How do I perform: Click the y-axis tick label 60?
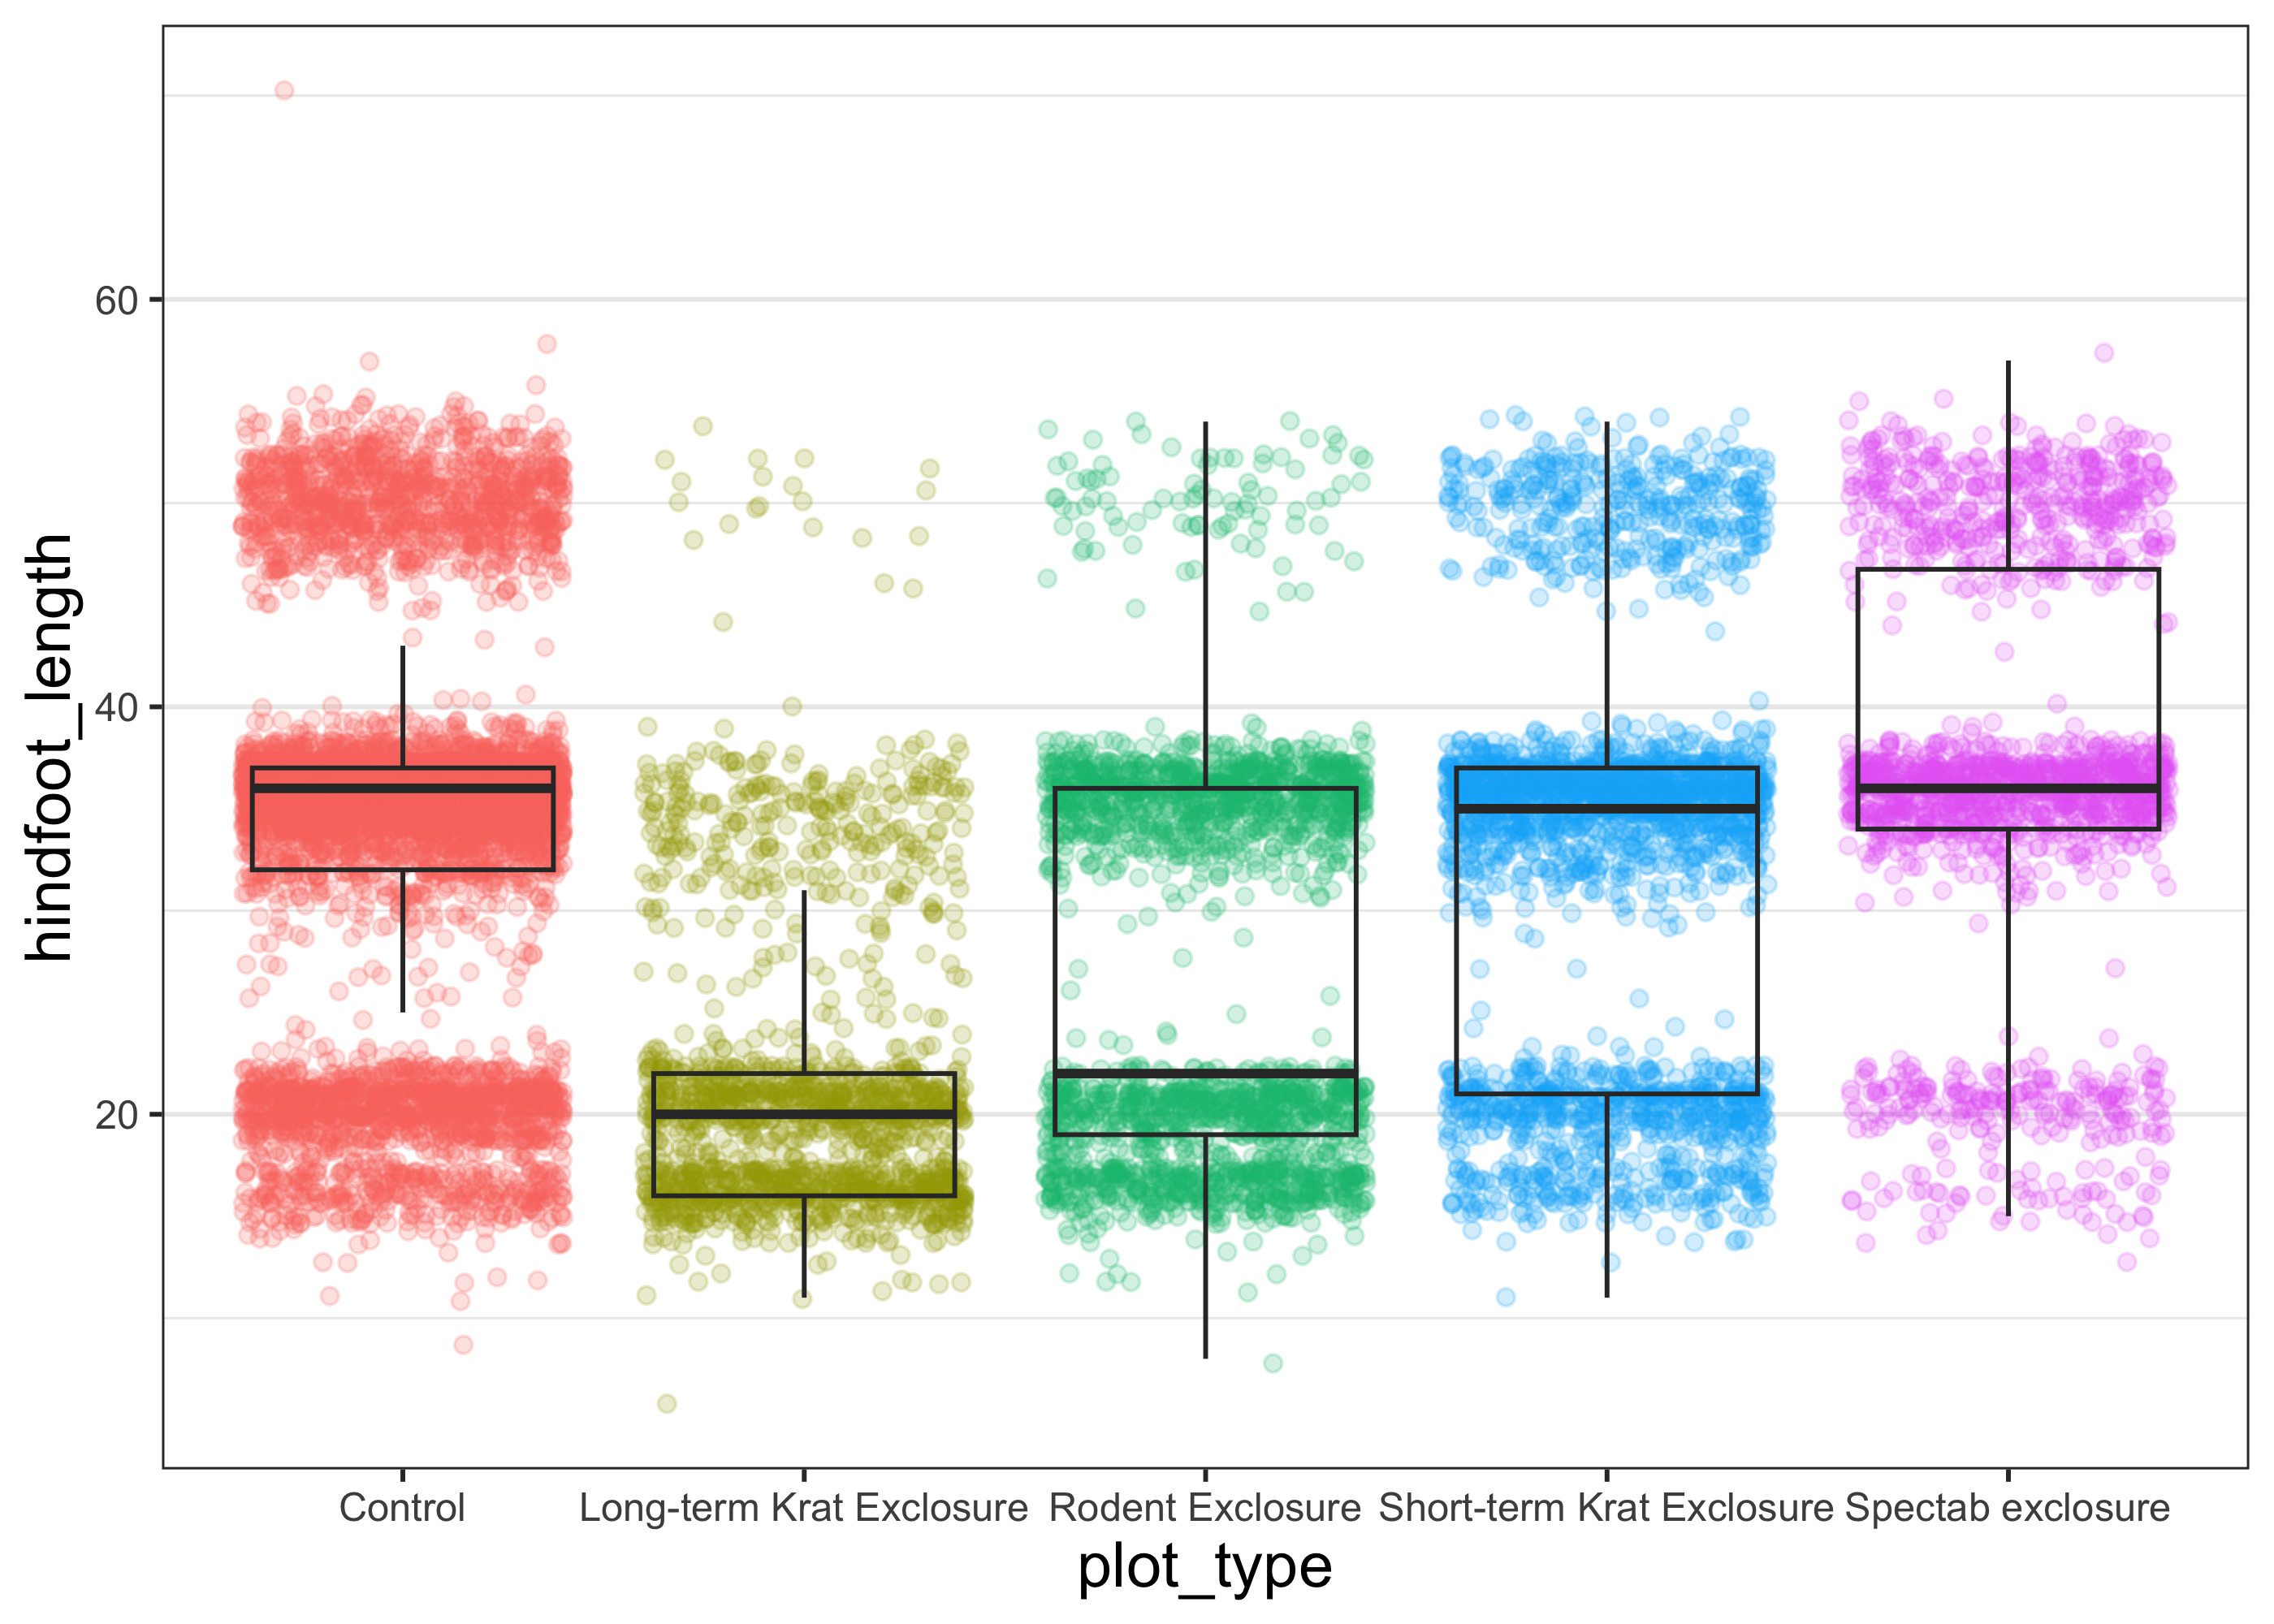115,300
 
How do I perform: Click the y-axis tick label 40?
115,708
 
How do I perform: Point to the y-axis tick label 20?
115,1115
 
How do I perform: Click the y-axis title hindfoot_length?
50,748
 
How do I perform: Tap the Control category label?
402,1507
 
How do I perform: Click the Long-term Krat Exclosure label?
803,1507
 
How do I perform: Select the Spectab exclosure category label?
2007,1507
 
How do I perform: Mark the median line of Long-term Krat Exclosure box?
803,1114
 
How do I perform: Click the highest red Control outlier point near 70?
284,91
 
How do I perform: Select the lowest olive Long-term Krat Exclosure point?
667,1404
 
